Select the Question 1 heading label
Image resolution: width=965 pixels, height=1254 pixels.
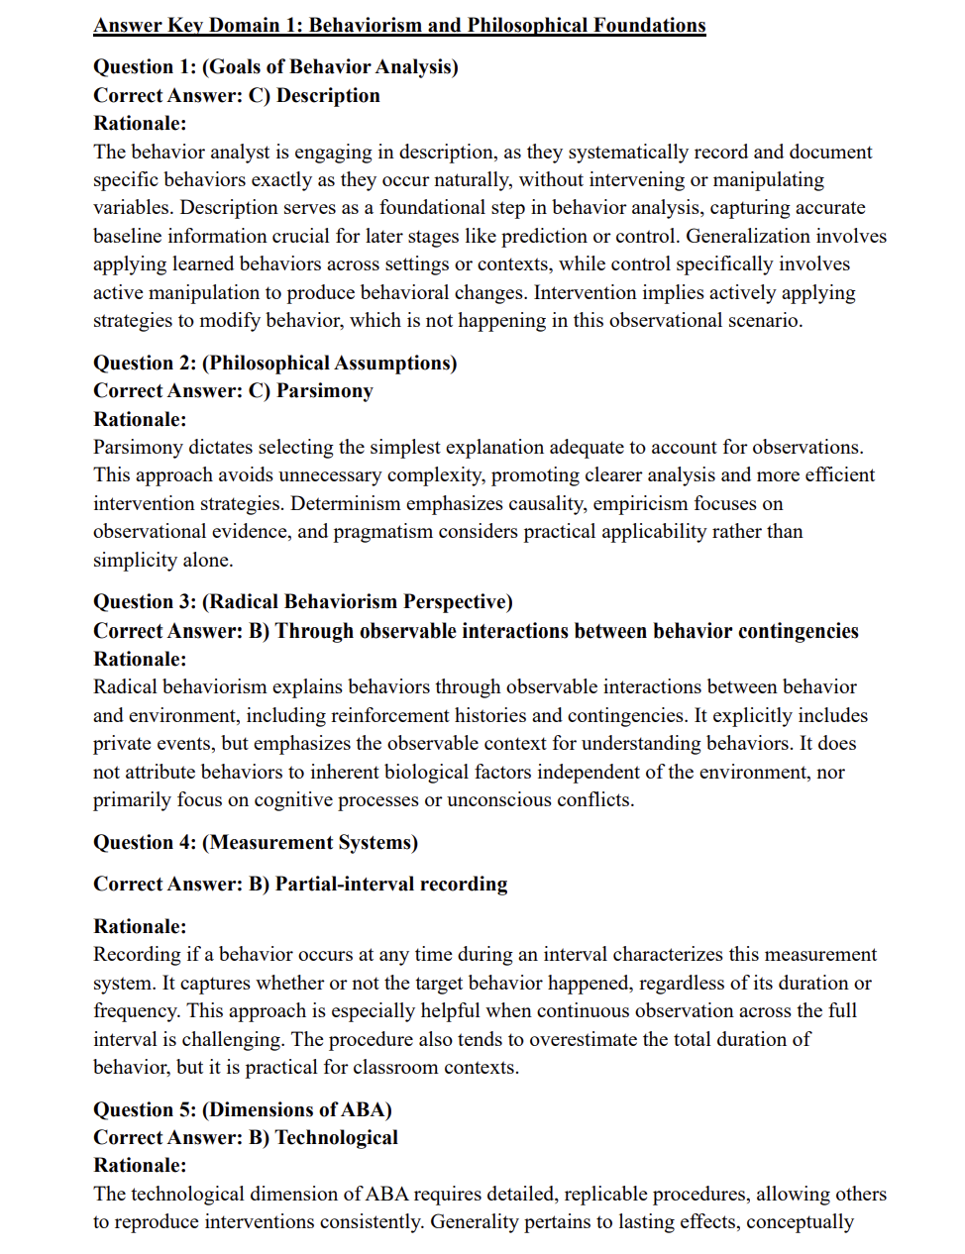tap(145, 66)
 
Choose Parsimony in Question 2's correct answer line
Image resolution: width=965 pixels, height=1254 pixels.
tap(325, 390)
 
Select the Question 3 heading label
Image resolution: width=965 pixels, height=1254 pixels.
tap(145, 601)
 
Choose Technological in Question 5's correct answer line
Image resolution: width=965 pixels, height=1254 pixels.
tap(337, 1137)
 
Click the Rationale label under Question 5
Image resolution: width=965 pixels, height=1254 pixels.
tap(140, 1165)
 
